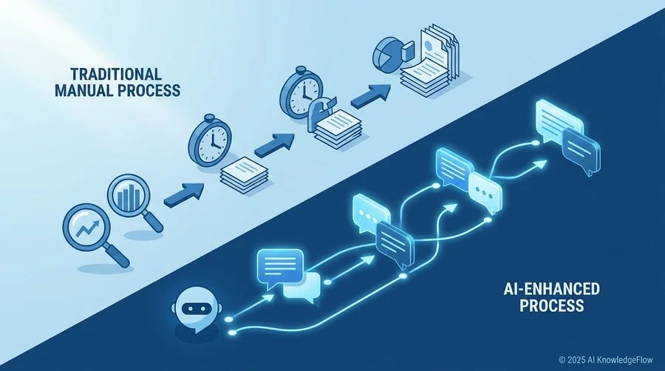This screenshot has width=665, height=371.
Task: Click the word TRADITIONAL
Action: [116, 74]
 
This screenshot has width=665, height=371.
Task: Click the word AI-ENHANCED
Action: [551, 289]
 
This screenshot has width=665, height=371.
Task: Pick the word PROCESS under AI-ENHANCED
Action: [551, 306]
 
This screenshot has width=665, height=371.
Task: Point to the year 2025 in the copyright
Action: [576, 360]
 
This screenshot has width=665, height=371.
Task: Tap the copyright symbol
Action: [562, 360]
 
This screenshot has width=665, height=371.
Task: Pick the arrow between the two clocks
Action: [274, 146]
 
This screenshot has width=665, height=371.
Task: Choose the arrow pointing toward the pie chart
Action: [371, 96]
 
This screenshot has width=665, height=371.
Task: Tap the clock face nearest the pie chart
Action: [302, 92]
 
